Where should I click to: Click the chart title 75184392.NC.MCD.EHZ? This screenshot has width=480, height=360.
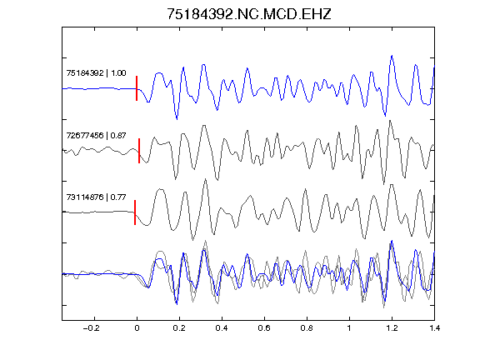249,14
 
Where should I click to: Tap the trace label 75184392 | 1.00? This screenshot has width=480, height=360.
96,72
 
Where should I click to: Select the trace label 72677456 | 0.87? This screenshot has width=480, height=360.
96,135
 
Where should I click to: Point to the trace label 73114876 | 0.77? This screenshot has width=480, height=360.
96,197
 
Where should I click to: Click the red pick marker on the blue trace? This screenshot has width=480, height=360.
137,88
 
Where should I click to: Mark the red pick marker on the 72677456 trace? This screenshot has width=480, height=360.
139,151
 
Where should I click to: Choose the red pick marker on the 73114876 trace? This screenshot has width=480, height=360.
135,212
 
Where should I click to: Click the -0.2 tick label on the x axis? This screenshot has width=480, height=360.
91,328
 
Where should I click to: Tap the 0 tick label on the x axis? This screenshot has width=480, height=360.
137,328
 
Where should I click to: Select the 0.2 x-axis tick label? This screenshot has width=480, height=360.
179,328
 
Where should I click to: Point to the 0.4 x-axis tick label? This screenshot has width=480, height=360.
222,328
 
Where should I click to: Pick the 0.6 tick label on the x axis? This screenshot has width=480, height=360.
264,328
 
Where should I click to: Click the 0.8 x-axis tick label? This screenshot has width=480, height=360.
307,328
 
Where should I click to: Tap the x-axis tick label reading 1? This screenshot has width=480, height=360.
349,328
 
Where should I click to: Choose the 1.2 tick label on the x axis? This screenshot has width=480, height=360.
392,328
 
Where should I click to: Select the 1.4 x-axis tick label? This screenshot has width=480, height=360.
434,328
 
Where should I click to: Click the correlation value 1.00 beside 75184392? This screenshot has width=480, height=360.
118,72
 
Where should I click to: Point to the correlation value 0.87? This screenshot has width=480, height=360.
118,135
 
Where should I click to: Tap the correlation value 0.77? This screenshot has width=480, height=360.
118,197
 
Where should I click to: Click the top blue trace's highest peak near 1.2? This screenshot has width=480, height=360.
392,56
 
